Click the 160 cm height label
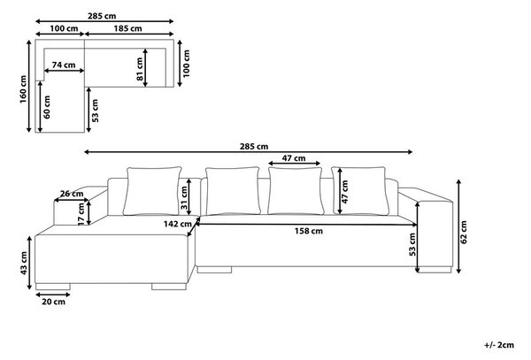(x=23, y=89)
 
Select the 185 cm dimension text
(x=127, y=28)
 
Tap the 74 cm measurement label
(x=64, y=65)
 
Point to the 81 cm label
(x=140, y=69)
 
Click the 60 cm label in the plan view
(x=47, y=107)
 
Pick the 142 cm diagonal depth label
(x=178, y=224)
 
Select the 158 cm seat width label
(x=309, y=231)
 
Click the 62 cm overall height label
(x=464, y=232)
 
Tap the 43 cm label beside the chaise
(x=24, y=263)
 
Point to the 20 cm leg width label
(x=53, y=302)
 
